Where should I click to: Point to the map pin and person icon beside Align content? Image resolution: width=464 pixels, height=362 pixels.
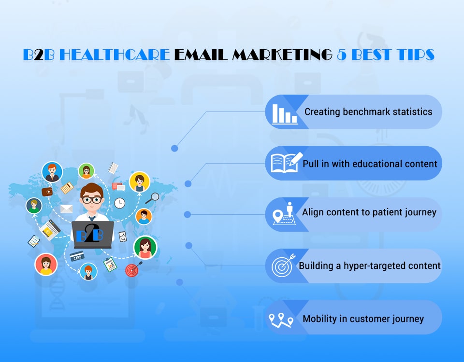tap(284, 213)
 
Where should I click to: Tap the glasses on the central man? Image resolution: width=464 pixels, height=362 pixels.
tap(91, 199)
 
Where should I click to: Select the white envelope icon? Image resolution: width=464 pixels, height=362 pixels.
tap(66, 209)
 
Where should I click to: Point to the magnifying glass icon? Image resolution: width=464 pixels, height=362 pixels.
tap(153, 197)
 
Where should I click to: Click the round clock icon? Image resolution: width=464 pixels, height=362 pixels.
tap(119, 203)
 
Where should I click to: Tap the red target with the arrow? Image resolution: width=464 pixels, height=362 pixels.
tap(132, 269)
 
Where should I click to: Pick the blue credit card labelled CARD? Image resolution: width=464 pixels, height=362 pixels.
tap(77, 256)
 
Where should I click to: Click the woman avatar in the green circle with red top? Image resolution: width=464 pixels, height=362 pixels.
tap(145, 248)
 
